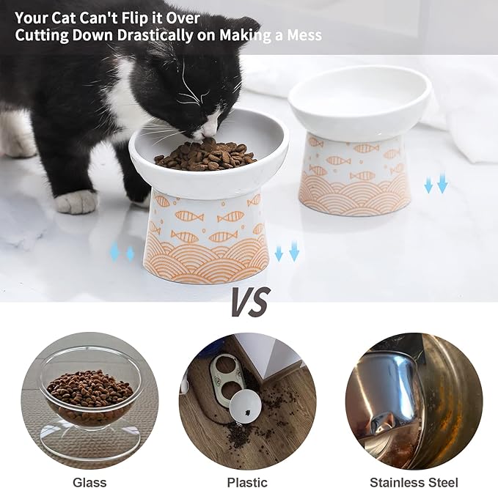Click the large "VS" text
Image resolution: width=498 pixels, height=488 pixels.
pyautogui.click(x=249, y=301)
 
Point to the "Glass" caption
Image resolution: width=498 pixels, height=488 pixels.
pyautogui.click(x=89, y=481)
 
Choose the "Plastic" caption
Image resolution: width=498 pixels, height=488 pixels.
pyautogui.click(x=247, y=481)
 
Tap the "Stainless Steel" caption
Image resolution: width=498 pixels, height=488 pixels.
pyautogui.click(x=414, y=481)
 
